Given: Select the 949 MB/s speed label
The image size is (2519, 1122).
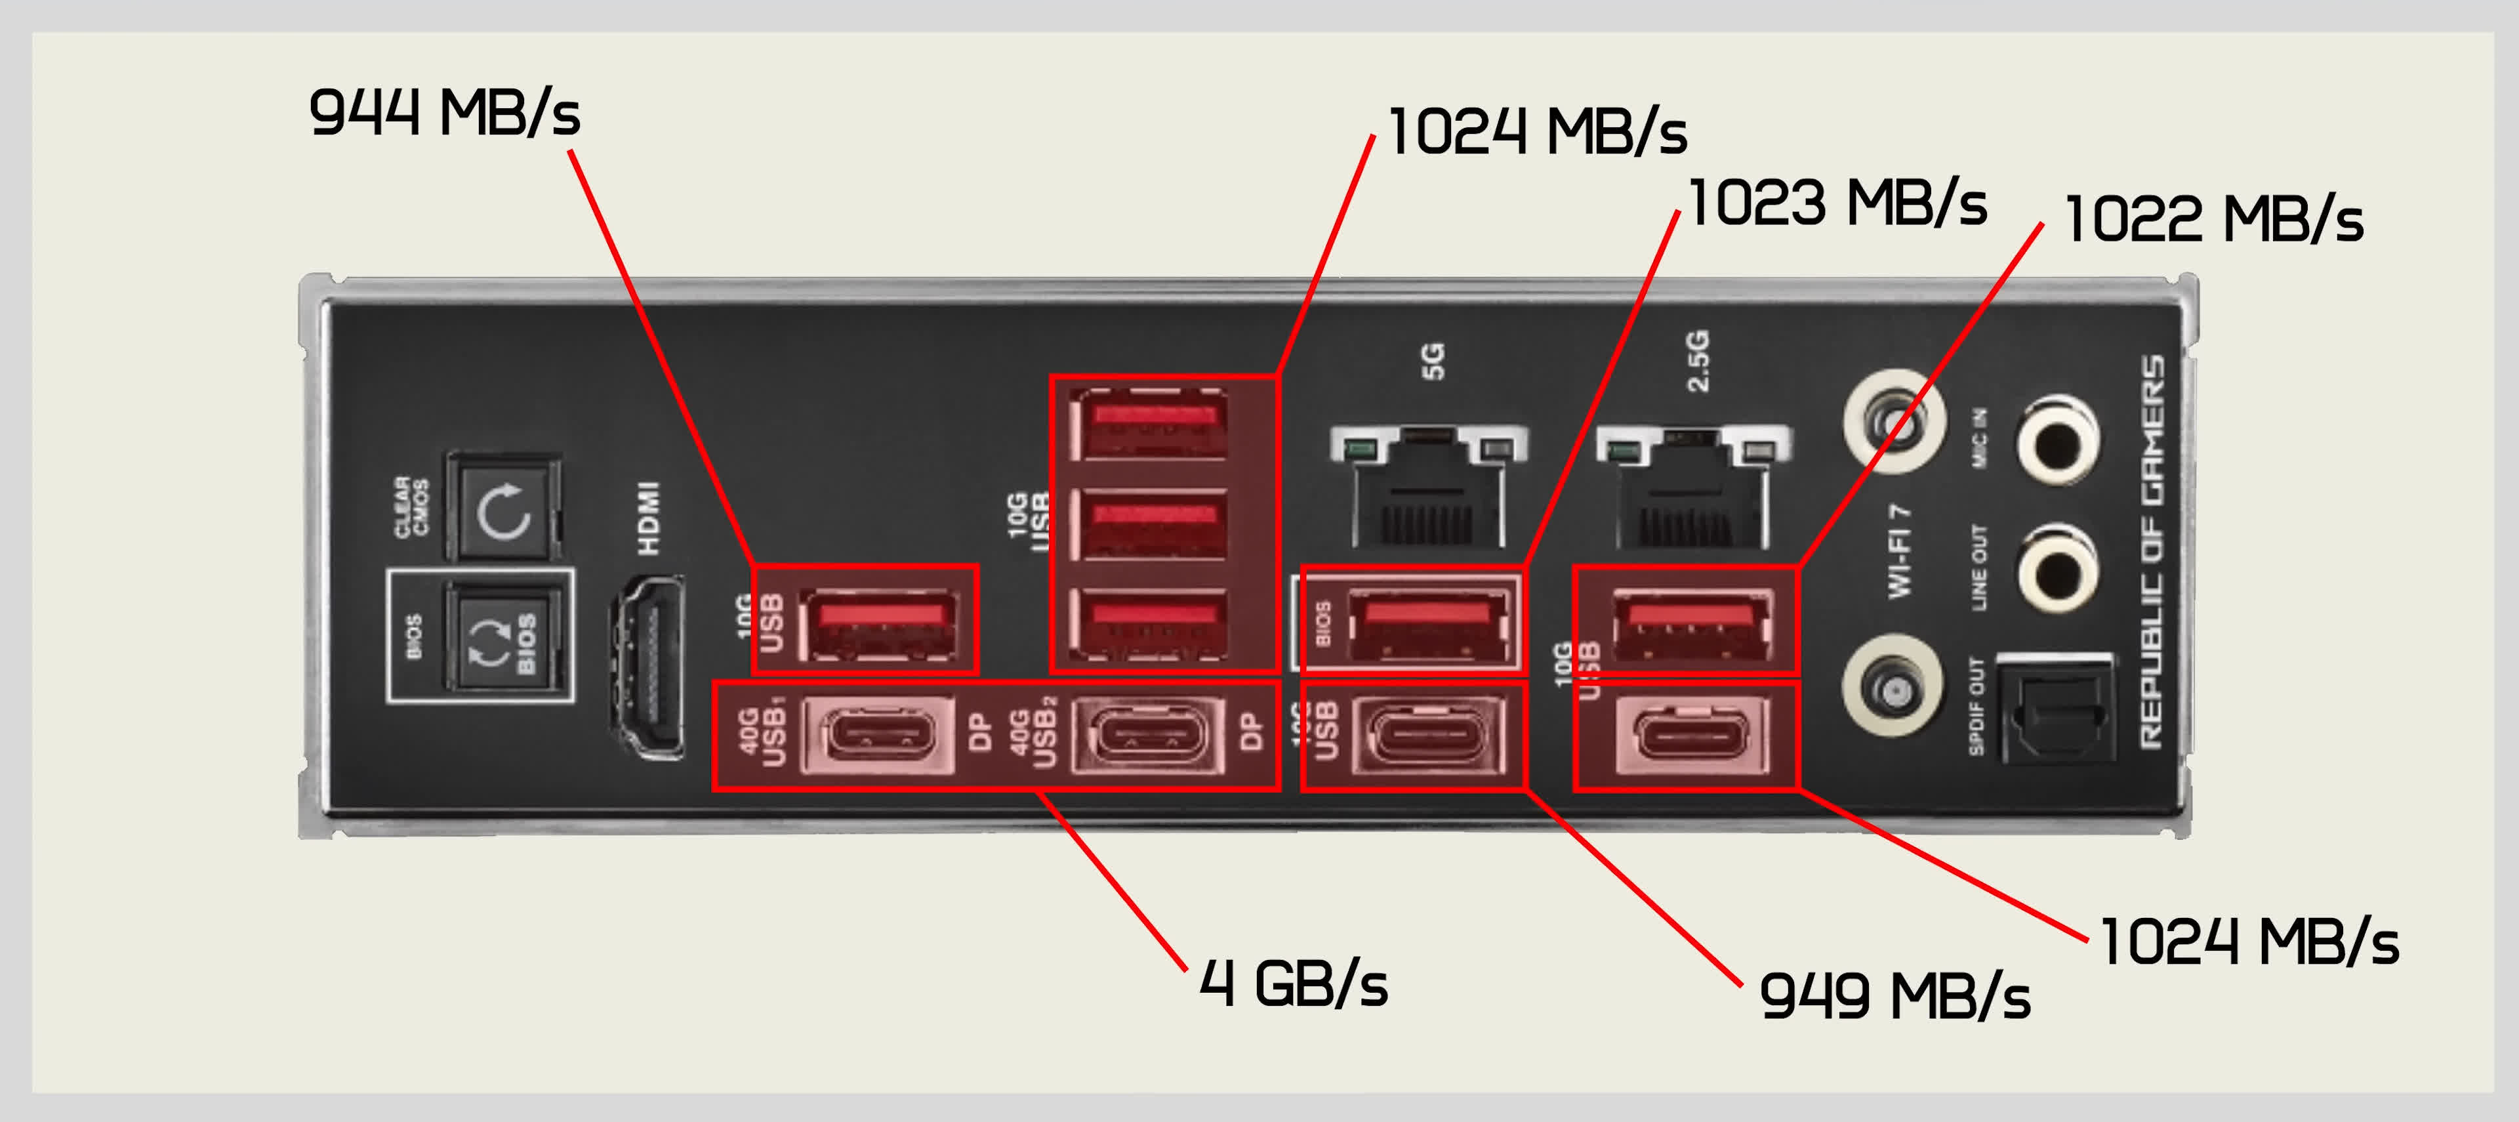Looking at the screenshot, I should point(1894,997).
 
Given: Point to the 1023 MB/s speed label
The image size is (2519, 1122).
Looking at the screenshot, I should point(1837,203).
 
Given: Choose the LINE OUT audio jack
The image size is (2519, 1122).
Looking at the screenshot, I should point(2057,568).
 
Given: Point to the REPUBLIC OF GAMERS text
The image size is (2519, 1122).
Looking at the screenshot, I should point(2152,552).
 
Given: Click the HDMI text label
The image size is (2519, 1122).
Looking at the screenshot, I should point(648,518).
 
